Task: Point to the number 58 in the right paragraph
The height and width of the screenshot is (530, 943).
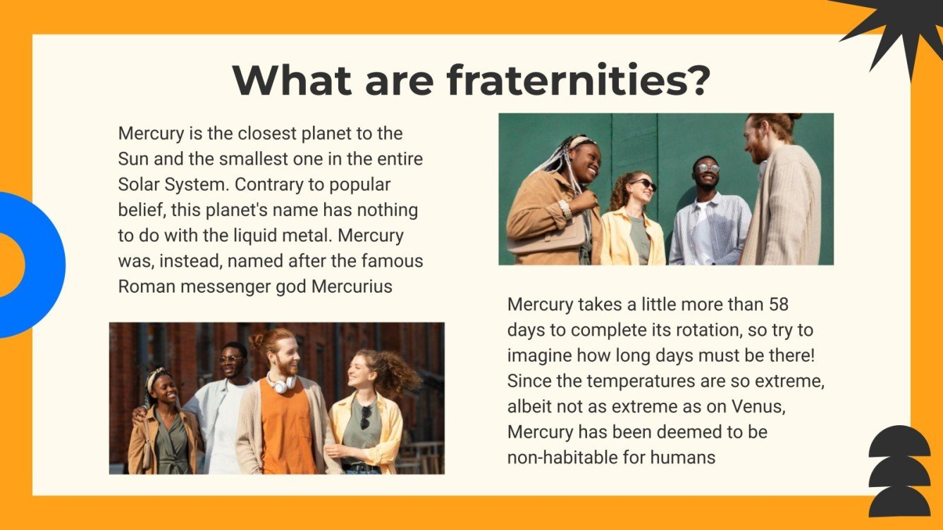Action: (778, 304)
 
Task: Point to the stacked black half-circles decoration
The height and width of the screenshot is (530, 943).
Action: (899, 472)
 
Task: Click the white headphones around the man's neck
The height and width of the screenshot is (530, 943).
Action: (282, 384)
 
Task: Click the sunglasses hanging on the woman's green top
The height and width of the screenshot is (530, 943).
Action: (366, 417)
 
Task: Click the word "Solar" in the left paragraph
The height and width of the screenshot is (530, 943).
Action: (137, 184)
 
